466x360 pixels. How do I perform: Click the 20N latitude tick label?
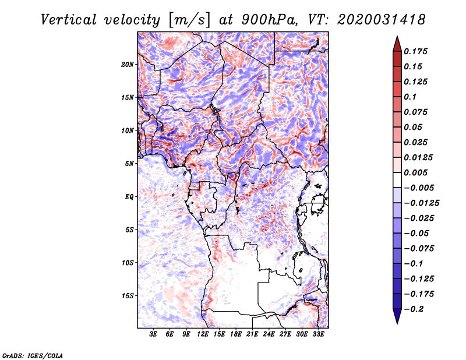[x=128, y=64]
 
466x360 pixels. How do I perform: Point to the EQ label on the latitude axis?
[x=129, y=197]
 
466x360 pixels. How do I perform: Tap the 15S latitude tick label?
[x=128, y=296]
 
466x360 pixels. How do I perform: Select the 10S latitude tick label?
[x=128, y=263]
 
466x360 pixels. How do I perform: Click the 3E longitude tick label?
[x=154, y=335]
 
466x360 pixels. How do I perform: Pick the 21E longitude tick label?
[x=252, y=335]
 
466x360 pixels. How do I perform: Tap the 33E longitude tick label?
[x=318, y=335]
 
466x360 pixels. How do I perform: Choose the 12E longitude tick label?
[x=203, y=335]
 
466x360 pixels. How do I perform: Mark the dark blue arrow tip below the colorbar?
[x=397, y=321]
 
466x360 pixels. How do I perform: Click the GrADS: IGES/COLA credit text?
[x=32, y=355]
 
